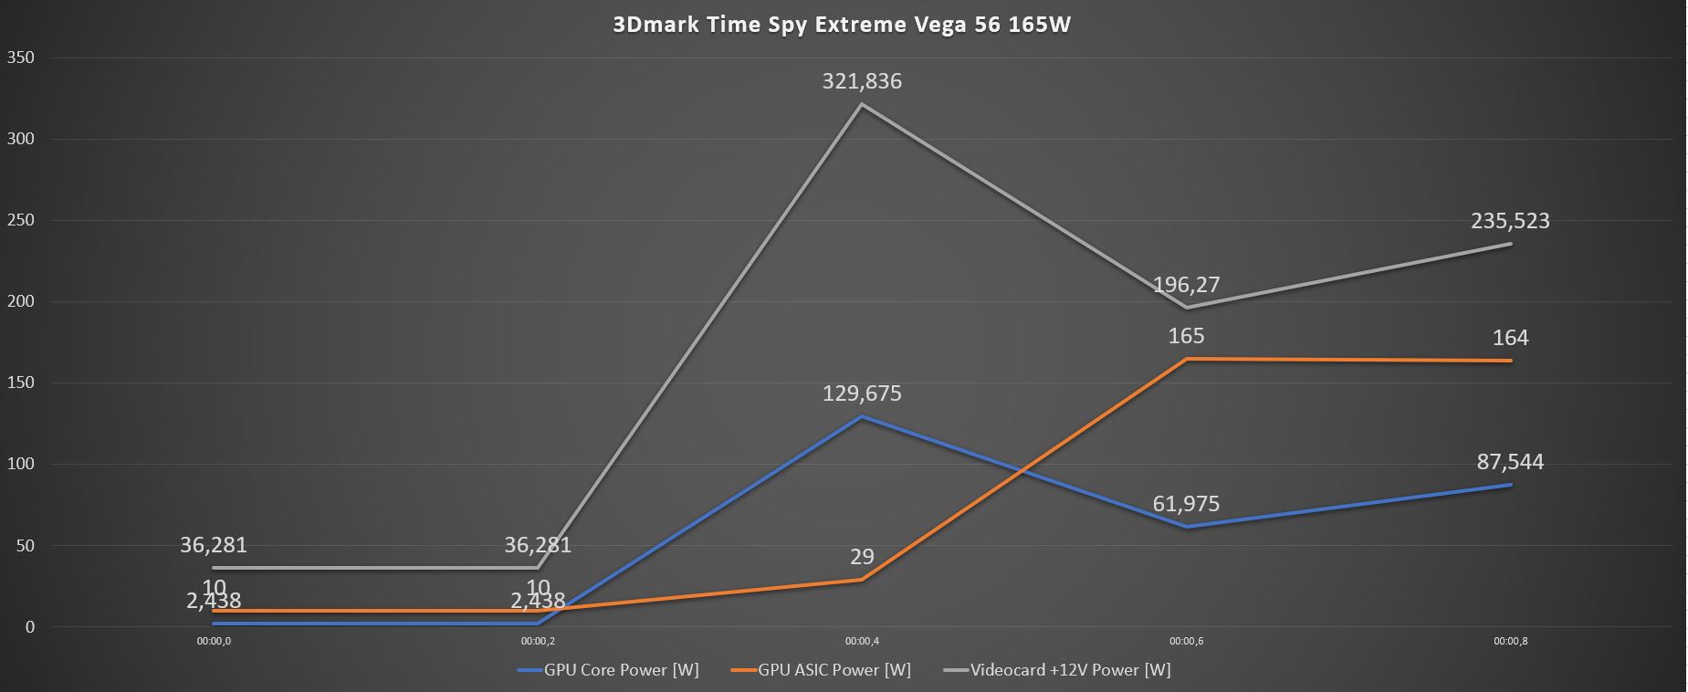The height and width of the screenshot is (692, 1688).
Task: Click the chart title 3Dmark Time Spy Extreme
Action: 842,25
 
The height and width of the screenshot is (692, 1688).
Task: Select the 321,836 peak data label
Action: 862,81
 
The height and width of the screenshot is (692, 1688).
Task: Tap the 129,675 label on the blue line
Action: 862,393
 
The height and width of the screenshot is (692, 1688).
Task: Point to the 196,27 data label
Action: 1186,285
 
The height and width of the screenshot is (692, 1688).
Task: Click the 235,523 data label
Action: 1510,221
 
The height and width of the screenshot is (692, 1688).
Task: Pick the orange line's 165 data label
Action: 1186,336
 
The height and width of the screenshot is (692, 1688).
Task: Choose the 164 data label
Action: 1510,338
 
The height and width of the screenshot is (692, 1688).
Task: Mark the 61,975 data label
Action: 1186,504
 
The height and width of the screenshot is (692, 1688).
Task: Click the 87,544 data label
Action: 1510,462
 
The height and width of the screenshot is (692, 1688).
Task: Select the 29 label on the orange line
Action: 862,557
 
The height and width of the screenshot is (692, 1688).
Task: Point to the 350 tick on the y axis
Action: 20,58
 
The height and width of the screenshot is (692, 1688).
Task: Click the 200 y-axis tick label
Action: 20,301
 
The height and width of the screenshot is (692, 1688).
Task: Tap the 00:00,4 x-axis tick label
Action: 862,641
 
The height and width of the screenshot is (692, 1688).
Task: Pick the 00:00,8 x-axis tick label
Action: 1510,641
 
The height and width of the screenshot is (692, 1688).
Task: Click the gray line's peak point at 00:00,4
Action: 862,104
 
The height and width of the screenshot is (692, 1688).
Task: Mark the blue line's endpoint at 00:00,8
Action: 1510,485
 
